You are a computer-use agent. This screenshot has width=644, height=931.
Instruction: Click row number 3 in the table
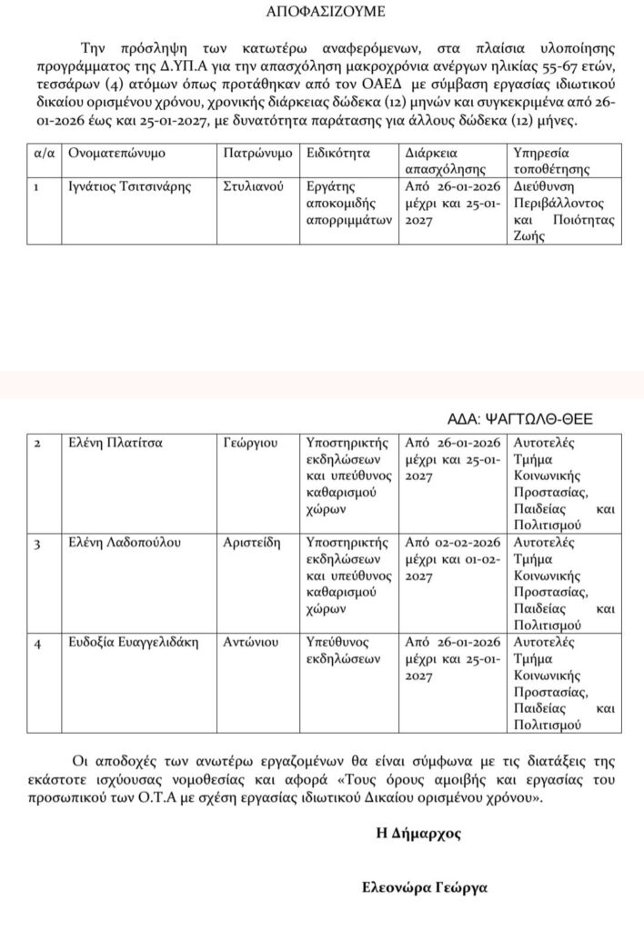37,544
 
